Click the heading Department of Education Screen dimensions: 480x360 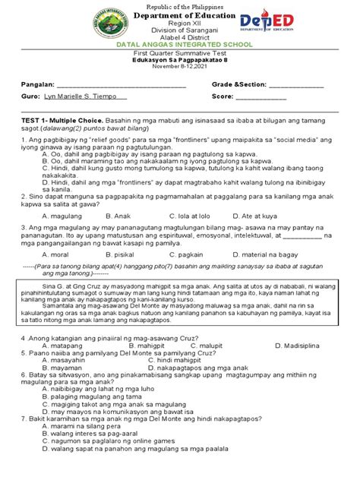click(x=180, y=20)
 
